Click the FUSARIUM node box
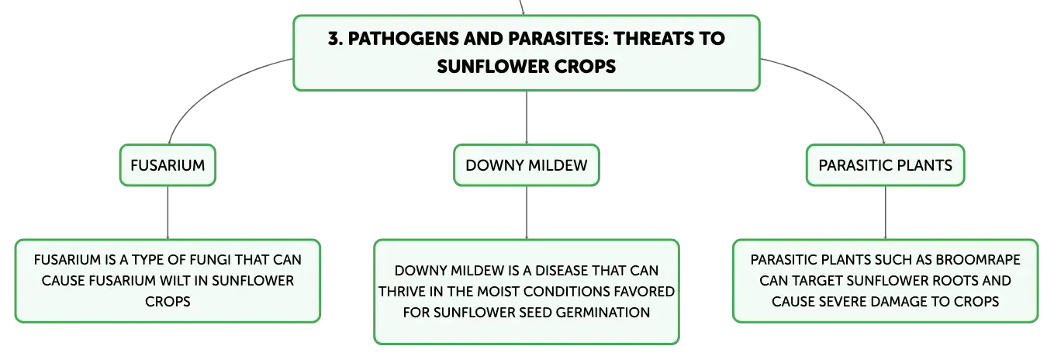(168, 165)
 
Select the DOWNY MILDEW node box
(527, 165)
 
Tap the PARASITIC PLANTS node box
(885, 165)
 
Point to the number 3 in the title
(333, 39)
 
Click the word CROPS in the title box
(585, 67)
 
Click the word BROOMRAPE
(978, 260)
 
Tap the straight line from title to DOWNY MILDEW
(527, 117)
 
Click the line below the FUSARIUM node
(168, 213)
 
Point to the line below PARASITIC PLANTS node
(885, 213)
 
